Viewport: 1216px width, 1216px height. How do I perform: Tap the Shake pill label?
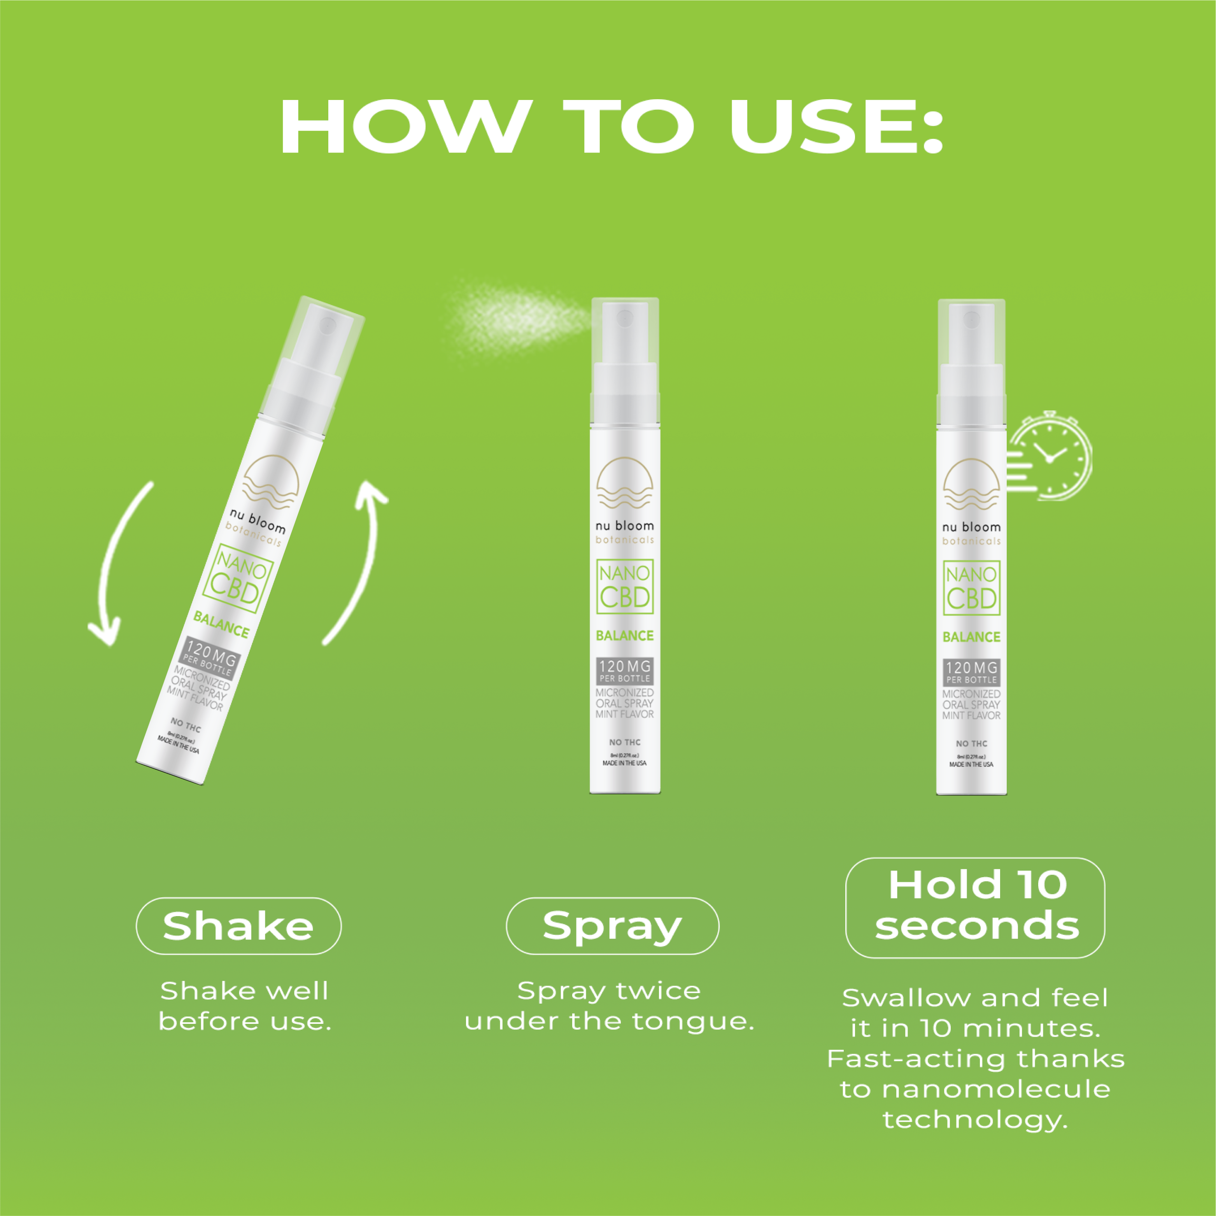click(x=238, y=926)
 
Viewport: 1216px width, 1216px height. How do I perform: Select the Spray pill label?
click(x=612, y=926)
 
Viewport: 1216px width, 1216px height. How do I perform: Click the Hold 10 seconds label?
click(x=975, y=906)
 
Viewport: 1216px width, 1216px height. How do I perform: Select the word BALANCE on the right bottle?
click(x=971, y=637)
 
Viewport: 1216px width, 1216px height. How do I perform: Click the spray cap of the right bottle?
click(x=971, y=340)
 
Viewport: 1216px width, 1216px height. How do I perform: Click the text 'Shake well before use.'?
click(x=244, y=1006)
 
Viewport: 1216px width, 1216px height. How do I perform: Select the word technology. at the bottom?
click(x=975, y=1120)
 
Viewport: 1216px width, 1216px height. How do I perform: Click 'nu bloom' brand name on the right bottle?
click(x=971, y=527)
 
